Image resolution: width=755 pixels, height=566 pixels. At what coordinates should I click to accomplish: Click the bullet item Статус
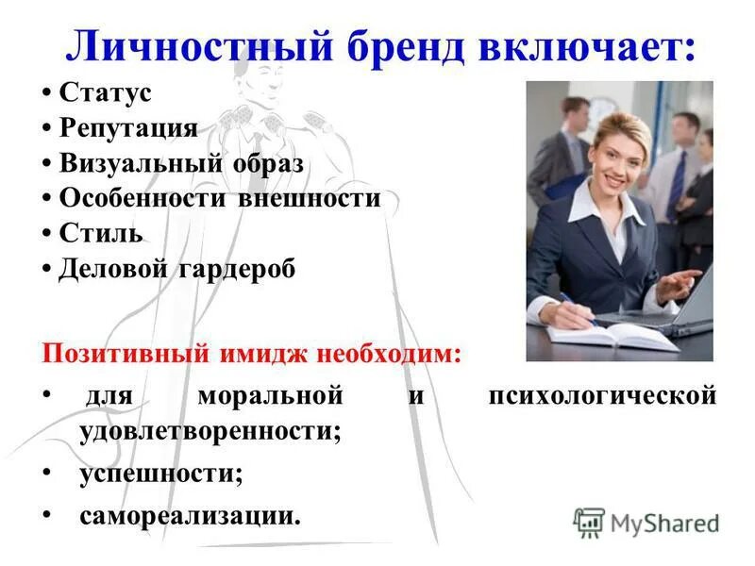tap(105, 93)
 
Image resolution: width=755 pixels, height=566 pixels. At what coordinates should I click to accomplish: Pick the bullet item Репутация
tap(128, 128)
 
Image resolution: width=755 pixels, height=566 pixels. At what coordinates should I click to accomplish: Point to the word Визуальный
tap(142, 163)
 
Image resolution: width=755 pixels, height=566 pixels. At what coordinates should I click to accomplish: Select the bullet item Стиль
tap(101, 233)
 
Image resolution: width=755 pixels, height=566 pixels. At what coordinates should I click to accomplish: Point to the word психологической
tap(602, 396)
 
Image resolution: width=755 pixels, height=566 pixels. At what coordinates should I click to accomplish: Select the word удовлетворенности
tap(210, 430)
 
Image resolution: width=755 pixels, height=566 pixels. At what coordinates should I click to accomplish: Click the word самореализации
tap(190, 515)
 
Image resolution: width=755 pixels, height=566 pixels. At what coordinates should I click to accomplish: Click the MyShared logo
tap(646, 522)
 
